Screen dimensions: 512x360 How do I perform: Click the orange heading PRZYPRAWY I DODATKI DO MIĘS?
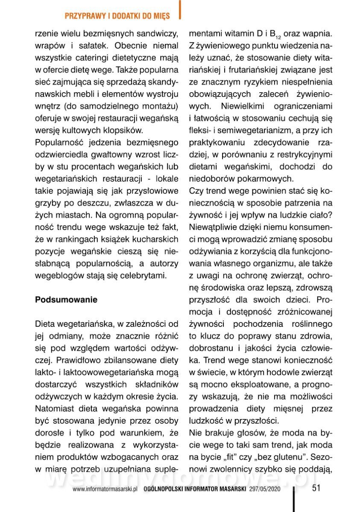coord(117,16)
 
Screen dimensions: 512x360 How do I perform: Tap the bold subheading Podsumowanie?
coord(66,300)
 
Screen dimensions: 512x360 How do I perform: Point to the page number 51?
coord(316,488)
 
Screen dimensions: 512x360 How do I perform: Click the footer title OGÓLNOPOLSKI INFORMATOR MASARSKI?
coord(195,489)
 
